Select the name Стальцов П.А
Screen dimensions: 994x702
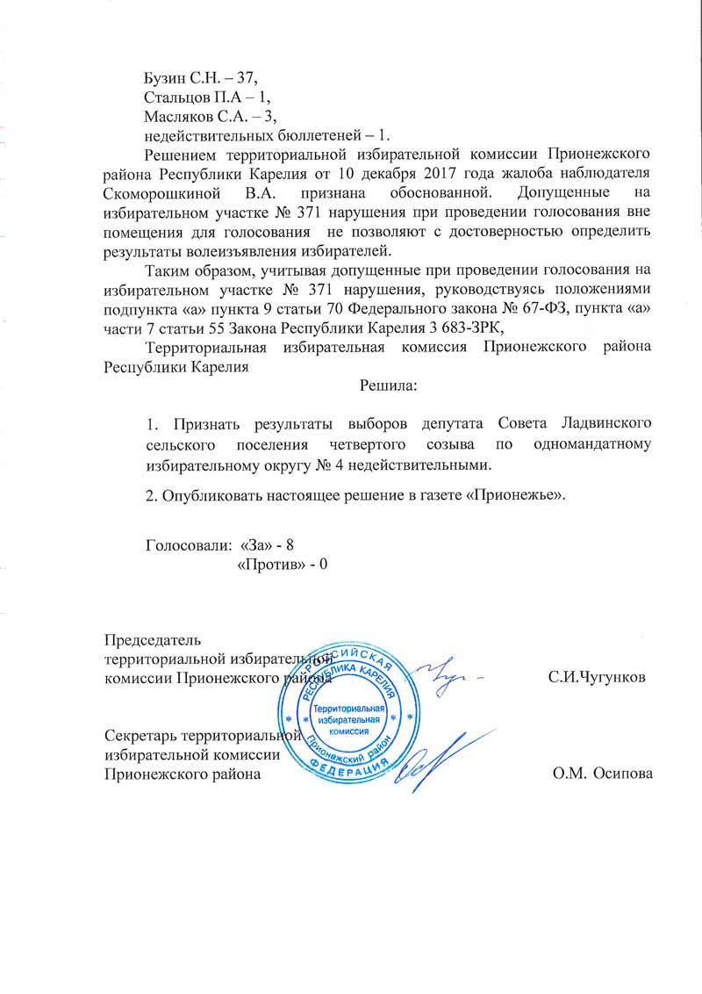point(189,97)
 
